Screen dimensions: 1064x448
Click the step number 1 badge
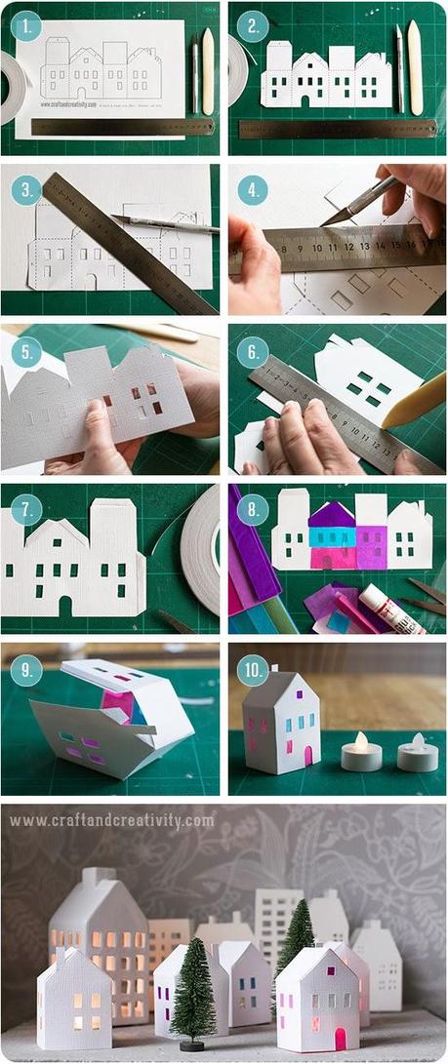pyautogui.click(x=27, y=27)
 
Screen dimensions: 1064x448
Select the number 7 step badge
pyautogui.click(x=26, y=509)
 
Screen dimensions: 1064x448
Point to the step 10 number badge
pyautogui.click(x=253, y=670)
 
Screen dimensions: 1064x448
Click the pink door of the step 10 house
pyautogui.click(x=307, y=755)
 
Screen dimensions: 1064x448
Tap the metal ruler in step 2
pyautogui.click(x=337, y=128)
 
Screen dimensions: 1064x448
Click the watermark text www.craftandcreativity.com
pyautogui.click(x=112, y=820)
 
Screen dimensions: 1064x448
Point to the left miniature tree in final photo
pyautogui.click(x=192, y=985)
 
